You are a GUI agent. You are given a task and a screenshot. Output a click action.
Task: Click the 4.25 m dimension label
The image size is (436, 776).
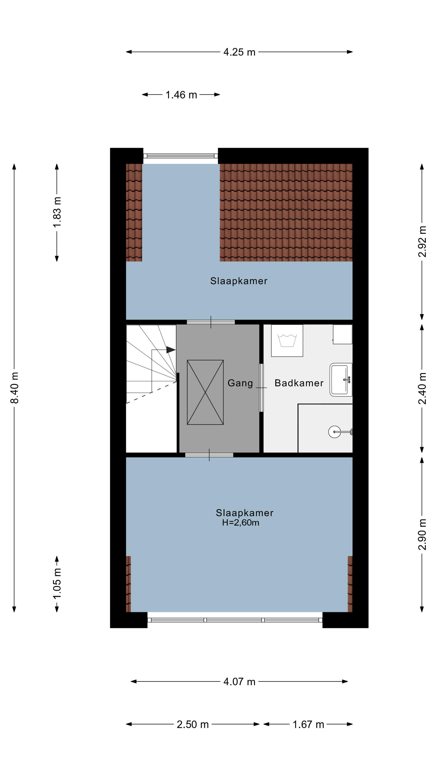[239, 52]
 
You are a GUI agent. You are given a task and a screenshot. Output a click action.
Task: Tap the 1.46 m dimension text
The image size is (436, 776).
[181, 95]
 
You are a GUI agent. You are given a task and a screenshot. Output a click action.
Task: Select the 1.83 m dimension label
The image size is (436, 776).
[57, 212]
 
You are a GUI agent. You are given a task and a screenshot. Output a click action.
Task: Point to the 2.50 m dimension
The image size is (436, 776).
[193, 724]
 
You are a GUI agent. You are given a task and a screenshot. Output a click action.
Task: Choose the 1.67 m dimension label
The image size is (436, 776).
[308, 724]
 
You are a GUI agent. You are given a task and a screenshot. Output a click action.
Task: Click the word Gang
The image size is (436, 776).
[240, 383]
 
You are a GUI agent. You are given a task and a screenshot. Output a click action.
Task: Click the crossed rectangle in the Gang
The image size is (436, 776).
[205, 392]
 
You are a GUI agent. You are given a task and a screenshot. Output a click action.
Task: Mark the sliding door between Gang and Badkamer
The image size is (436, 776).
[261, 388]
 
